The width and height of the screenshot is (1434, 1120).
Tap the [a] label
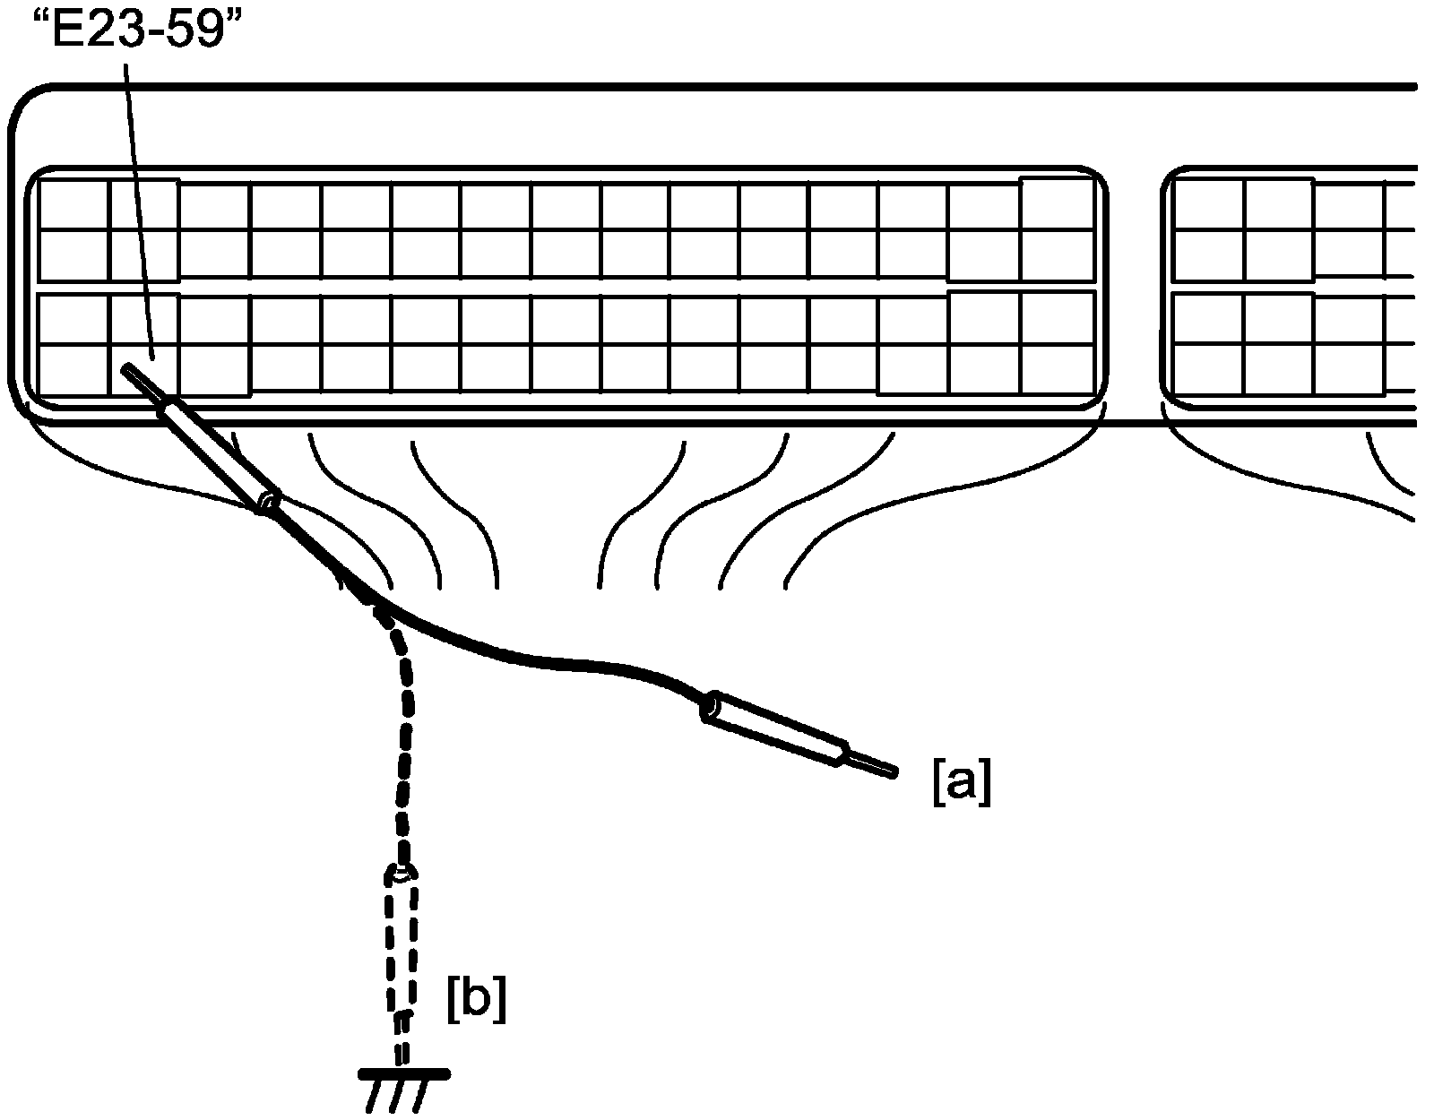tap(962, 782)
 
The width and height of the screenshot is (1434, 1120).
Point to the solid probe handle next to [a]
tap(774, 728)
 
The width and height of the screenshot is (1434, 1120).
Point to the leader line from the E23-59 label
tap(139, 211)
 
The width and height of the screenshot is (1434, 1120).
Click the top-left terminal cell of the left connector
tap(73, 205)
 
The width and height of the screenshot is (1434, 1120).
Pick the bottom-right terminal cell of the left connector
tap(1058, 369)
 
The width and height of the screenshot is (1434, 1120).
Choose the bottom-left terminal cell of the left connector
tap(73, 370)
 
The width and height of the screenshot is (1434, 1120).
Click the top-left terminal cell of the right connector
tap(1208, 203)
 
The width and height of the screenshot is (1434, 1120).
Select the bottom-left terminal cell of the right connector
tap(1208, 369)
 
